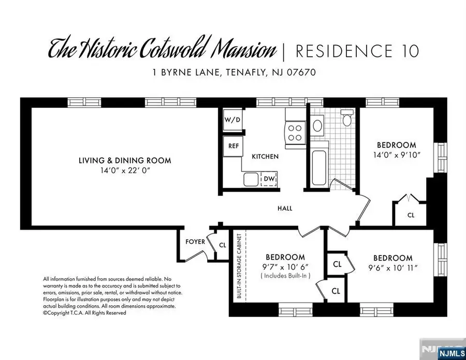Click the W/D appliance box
(x=232, y=120)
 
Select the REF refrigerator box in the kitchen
(x=233, y=146)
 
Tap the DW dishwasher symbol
(x=269, y=179)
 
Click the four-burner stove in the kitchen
(x=294, y=132)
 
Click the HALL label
(x=285, y=209)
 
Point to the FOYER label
(x=195, y=242)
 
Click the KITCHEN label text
(x=265, y=156)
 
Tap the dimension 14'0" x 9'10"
(x=396, y=154)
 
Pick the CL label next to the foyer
(x=223, y=246)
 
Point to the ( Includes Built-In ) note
(x=285, y=277)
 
